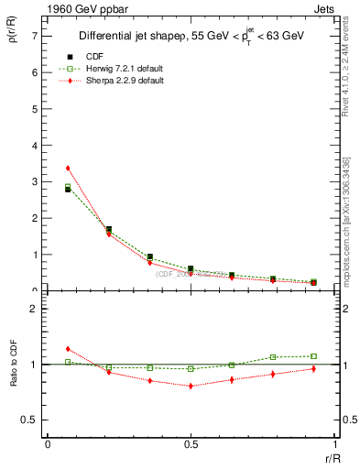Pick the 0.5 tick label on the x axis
[191, 444]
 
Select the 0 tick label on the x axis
[48, 444]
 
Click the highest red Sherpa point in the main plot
[68, 169]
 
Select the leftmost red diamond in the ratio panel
[68, 349]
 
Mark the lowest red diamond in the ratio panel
[191, 386]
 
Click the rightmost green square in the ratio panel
[313, 356]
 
